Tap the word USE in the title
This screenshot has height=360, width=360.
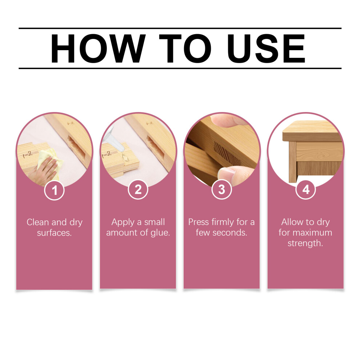pyautogui.click(x=266, y=48)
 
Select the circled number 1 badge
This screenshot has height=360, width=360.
pyautogui.click(x=54, y=190)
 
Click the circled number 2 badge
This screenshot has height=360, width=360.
pyautogui.click(x=138, y=190)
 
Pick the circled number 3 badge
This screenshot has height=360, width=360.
pyautogui.click(x=221, y=190)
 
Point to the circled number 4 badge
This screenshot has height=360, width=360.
pyautogui.click(x=305, y=190)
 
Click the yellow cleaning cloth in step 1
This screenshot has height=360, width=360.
pyautogui.click(x=49, y=161)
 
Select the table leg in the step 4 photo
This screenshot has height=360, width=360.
pyautogui.click(x=292, y=162)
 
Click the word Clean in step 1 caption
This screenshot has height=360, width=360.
pyautogui.click(x=38, y=222)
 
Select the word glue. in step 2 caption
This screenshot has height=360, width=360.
pyautogui.click(x=160, y=233)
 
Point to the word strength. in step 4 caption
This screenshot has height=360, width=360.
pyautogui.click(x=305, y=243)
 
